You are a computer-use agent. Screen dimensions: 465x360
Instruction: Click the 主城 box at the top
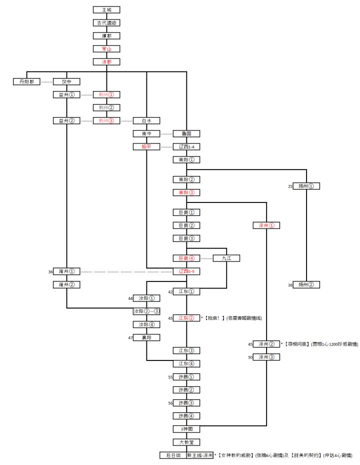tap(106, 9)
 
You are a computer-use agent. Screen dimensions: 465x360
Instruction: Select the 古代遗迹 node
tap(106, 22)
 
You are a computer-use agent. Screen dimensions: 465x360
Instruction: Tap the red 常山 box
tap(106, 49)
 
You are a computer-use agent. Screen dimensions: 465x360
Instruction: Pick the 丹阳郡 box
tap(26, 81)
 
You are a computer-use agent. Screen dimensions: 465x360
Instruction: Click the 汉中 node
tap(66, 81)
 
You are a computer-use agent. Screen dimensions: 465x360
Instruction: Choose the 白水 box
tap(146, 120)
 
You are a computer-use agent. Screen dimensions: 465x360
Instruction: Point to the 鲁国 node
tap(186, 133)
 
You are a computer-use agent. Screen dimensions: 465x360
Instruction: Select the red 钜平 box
tap(146, 146)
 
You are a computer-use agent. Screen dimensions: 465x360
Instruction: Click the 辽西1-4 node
tap(186, 146)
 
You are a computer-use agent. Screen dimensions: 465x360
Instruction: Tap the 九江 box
tap(226, 258)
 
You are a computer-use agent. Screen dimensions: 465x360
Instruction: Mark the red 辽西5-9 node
tap(186, 271)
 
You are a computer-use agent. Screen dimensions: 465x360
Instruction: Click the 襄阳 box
tap(146, 337)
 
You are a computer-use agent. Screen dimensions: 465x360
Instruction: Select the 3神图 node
tap(186, 429)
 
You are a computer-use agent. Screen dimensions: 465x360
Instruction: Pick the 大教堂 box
tap(186, 442)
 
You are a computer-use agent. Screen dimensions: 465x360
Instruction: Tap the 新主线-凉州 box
tap(199, 455)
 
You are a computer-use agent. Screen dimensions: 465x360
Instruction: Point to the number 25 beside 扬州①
tap(290, 186)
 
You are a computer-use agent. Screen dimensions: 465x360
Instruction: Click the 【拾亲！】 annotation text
tap(214, 318)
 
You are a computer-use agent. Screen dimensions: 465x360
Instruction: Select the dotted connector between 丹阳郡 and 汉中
tap(46, 81)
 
